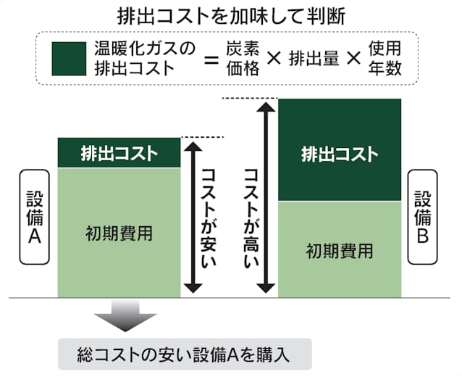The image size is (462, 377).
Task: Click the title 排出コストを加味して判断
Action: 231,15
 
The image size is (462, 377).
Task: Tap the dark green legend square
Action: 70,59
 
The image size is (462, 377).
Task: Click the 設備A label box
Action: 35,217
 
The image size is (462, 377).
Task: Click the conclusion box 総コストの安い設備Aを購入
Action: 184,355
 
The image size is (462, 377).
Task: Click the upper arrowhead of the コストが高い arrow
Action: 269,105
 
